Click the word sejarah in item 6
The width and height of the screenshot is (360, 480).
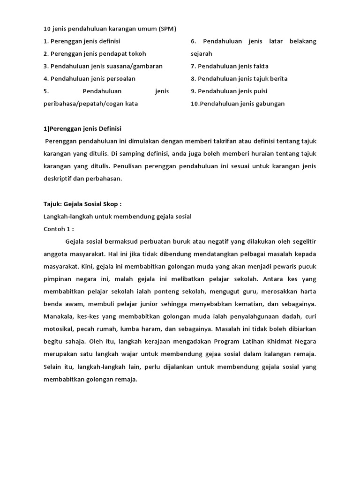tap(202, 54)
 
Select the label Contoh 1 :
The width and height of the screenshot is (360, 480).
tap(59, 229)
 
